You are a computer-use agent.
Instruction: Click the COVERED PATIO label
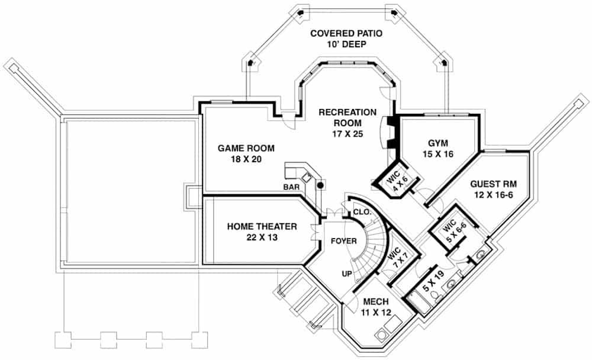(x=346, y=33)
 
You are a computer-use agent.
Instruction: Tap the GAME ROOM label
(x=246, y=148)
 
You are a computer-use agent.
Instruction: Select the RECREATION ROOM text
(x=348, y=117)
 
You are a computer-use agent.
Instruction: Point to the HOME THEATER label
(x=262, y=226)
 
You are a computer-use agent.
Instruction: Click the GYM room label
(x=438, y=143)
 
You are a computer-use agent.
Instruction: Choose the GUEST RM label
(x=494, y=184)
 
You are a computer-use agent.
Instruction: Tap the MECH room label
(x=376, y=301)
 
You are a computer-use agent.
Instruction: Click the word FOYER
(x=343, y=241)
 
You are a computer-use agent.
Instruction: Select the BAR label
(x=291, y=187)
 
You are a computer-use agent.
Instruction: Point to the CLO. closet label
(x=362, y=213)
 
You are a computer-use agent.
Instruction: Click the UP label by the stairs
(x=347, y=274)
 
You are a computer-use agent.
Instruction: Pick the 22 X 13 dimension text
(x=262, y=237)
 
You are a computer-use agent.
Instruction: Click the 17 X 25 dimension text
(x=348, y=134)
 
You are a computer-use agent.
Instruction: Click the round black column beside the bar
(x=320, y=185)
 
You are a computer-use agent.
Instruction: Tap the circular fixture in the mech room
(x=380, y=335)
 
